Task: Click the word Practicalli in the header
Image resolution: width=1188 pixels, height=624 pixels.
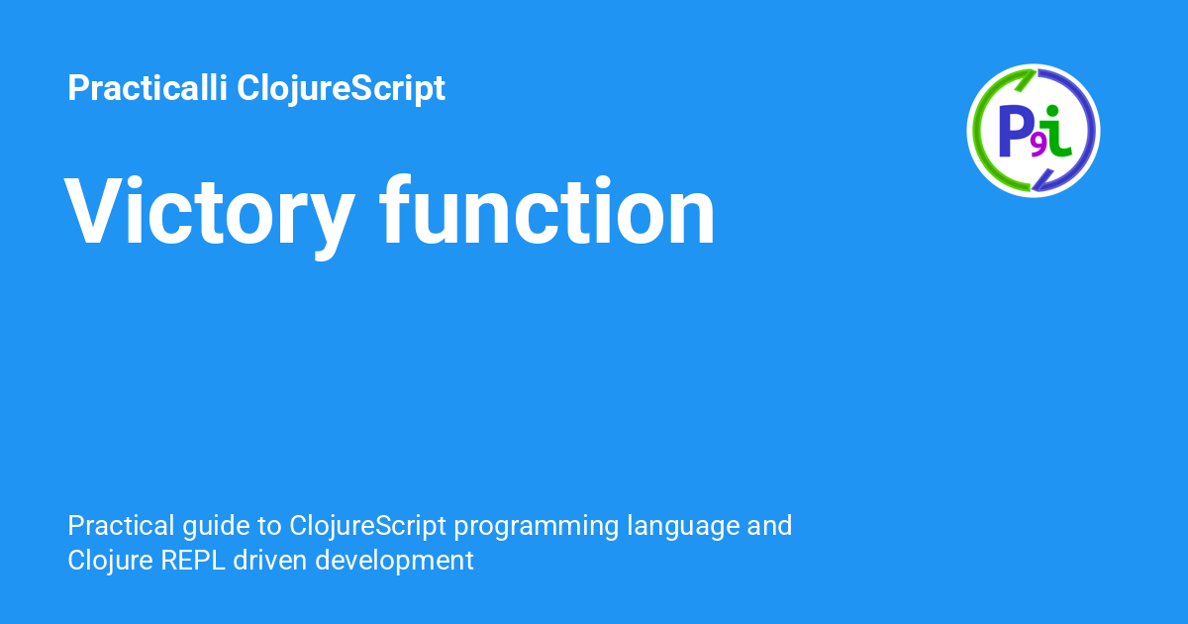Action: click(x=148, y=87)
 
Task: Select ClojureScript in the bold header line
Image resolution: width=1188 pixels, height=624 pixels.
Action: click(x=341, y=89)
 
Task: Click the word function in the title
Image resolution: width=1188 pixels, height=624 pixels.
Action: click(x=546, y=210)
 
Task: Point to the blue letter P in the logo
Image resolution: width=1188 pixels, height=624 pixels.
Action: click(x=1015, y=131)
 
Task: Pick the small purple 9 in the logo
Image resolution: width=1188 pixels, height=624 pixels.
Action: click(x=1039, y=147)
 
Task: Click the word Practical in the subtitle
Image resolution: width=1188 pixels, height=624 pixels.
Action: click(x=121, y=526)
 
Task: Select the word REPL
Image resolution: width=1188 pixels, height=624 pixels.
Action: click(x=193, y=561)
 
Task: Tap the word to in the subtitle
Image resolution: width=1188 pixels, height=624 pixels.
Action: click(x=269, y=527)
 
